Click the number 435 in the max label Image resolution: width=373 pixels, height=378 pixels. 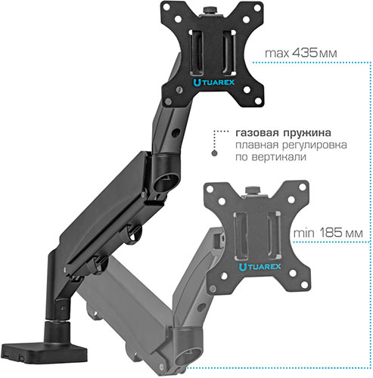click(304, 53)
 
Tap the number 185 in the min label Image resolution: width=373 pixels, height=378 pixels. click(331, 233)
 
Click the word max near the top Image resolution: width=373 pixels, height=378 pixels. click(277, 54)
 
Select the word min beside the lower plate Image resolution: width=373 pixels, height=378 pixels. click(303, 233)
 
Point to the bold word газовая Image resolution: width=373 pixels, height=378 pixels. click(257, 133)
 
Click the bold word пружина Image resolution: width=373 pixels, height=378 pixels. click(307, 133)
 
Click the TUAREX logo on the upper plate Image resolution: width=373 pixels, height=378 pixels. click(214, 82)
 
